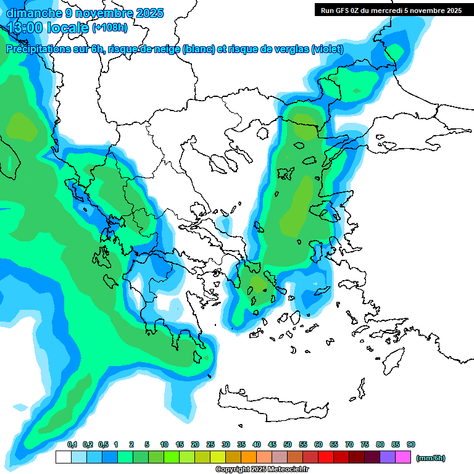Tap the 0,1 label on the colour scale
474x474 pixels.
pyautogui.click(x=72, y=445)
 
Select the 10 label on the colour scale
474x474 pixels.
pyautogui.click(x=164, y=445)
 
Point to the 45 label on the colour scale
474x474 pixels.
pyautogui.click(x=272, y=445)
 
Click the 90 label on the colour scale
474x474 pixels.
pyautogui.click(x=411, y=445)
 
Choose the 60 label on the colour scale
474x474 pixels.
pyautogui.click(x=318, y=445)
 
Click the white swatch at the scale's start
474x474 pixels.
pyautogui.click(x=63, y=457)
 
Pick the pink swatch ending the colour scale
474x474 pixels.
pyautogui.click(x=403, y=457)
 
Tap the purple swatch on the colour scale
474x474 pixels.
pyautogui.click(x=388, y=457)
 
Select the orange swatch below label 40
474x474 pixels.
pyautogui.click(x=249, y=457)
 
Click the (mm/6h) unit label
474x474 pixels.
pyautogui.click(x=431, y=458)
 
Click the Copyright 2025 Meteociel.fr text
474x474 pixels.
pyautogui.click(x=262, y=469)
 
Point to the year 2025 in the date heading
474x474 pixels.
pyautogui.click(x=149, y=13)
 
